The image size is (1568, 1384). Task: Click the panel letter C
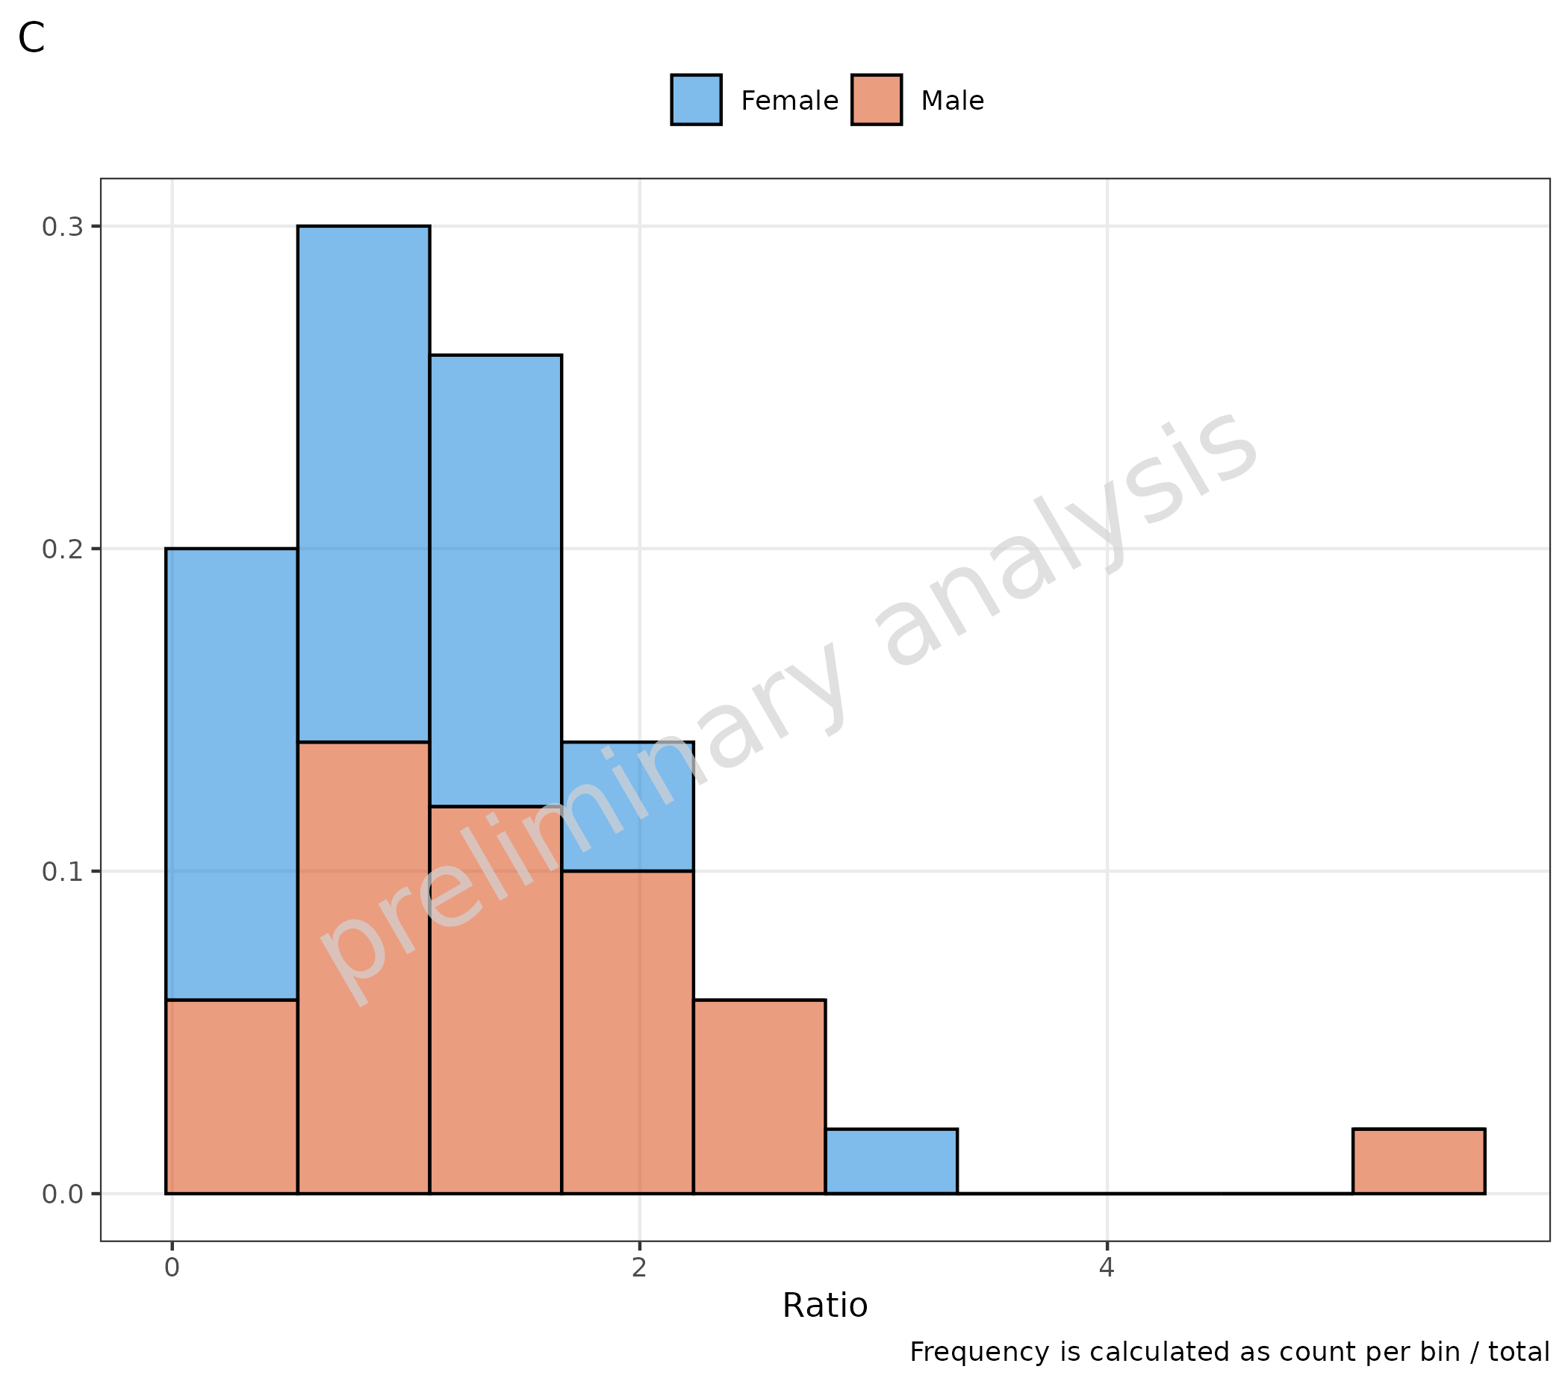[31, 38]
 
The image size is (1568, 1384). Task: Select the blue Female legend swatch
[696, 100]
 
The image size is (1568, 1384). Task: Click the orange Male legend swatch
[876, 100]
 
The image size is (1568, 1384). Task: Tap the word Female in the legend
[789, 102]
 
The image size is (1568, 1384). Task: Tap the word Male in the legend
[952, 102]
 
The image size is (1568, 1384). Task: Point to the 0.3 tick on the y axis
[62, 227]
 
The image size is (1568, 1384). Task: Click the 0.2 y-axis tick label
[62, 549]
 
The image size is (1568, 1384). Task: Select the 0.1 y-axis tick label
[62, 872]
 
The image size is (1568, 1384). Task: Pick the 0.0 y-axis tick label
[62, 1194]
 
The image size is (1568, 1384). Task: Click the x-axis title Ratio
[824, 1306]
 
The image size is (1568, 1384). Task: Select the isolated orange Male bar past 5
[1419, 1162]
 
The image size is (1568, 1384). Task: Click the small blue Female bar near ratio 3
[892, 1162]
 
